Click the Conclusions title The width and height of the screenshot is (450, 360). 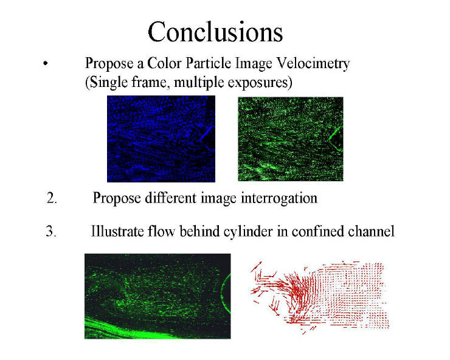tap(215, 32)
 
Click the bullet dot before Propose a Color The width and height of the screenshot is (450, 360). tap(46, 63)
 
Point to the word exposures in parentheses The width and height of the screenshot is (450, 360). tap(260, 83)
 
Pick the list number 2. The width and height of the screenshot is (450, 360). tap(52, 198)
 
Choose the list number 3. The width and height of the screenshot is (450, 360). tap(51, 231)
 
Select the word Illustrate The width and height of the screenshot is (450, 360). tap(117, 231)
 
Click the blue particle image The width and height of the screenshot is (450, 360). tap(161, 139)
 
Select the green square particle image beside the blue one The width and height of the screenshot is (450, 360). tap(291, 139)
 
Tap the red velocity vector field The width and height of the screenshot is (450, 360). tap(320, 297)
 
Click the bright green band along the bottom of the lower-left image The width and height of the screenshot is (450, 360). tap(129, 330)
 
